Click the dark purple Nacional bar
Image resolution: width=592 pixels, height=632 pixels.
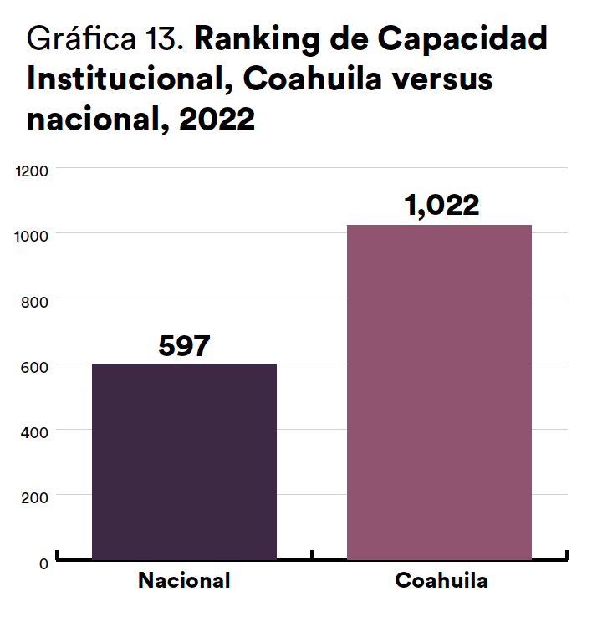[x=184, y=461]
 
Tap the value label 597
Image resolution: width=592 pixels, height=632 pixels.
[x=184, y=346]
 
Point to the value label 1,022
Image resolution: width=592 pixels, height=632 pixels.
[x=441, y=206]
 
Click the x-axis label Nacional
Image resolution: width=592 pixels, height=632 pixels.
[x=184, y=580]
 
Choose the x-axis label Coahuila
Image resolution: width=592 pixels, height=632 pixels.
[x=441, y=580]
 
